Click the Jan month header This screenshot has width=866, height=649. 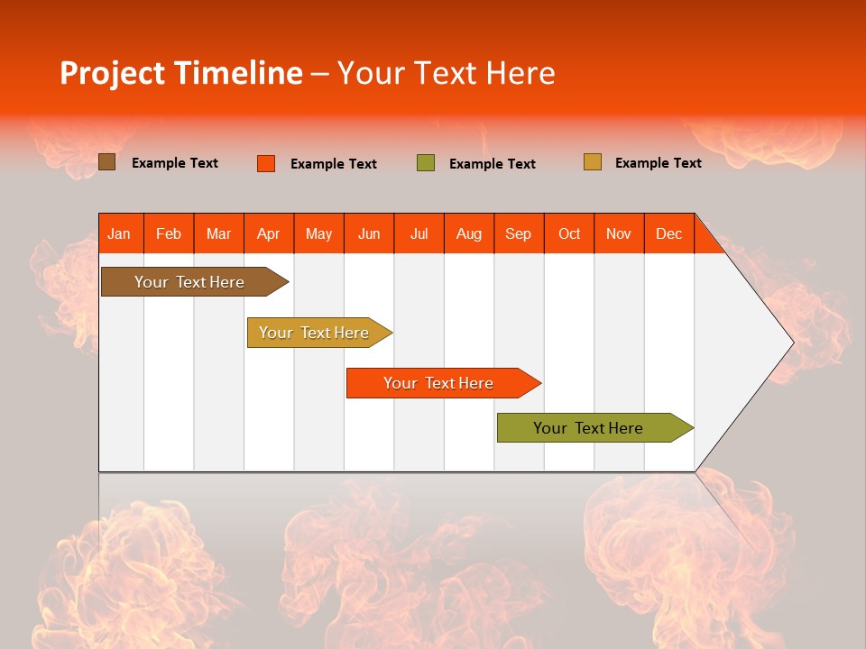(119, 233)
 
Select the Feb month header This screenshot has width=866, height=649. (169, 233)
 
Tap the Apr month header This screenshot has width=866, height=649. (268, 233)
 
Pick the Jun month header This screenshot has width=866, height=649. (369, 233)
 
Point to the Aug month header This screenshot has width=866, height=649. (469, 233)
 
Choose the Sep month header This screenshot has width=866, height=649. (518, 233)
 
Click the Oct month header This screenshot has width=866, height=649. (569, 233)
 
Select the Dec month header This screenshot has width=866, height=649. (668, 233)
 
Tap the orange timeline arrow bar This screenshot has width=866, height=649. (439, 383)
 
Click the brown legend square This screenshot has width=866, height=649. (107, 162)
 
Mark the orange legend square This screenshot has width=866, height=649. (266, 163)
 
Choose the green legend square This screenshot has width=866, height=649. (426, 163)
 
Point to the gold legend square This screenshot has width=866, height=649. (593, 162)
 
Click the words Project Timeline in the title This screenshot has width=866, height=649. (181, 73)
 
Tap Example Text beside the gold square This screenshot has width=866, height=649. (658, 163)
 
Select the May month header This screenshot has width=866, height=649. (318, 233)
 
